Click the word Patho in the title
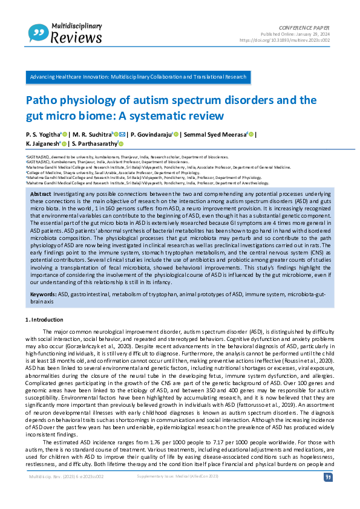[41, 100]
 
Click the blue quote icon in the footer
[328, 494]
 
